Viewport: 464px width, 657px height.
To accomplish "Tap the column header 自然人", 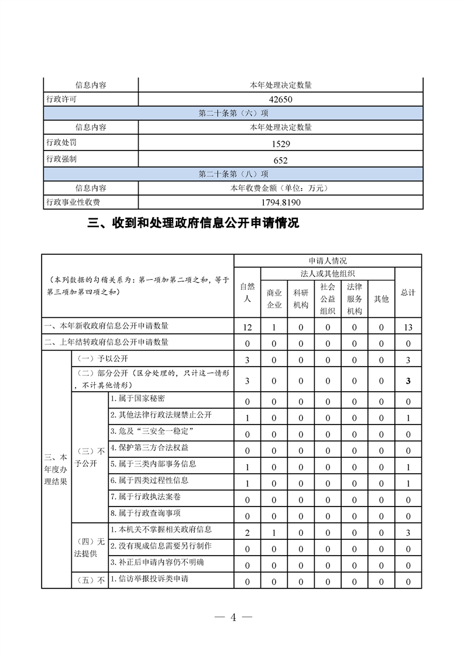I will tap(247, 292).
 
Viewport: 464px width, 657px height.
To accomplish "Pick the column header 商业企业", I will tap(274, 299).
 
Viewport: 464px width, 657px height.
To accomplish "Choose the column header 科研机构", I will tap(301, 299).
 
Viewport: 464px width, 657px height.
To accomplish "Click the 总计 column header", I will tap(408, 292).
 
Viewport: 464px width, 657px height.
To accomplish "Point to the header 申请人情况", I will tap(327, 261).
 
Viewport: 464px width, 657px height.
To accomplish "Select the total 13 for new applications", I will tap(408, 327).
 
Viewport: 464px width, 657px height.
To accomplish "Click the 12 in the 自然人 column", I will tap(247, 327).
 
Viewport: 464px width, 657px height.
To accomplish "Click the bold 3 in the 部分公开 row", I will tap(408, 381).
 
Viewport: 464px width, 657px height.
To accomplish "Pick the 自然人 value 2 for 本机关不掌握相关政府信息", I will tap(247, 532).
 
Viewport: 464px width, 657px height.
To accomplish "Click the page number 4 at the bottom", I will tap(232, 618).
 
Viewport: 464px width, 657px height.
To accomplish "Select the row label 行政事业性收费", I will tap(73, 203).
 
